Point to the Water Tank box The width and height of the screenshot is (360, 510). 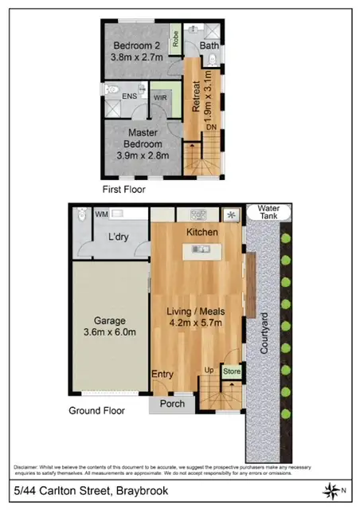[x=264, y=212]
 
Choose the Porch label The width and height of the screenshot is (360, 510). [x=172, y=403]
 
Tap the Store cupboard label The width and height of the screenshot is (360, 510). [x=231, y=371]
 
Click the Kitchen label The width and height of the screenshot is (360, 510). [x=203, y=231]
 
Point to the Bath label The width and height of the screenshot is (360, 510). [x=209, y=45]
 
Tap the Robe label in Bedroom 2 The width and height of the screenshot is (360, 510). [x=174, y=38]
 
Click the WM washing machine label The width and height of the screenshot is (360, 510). [x=101, y=214]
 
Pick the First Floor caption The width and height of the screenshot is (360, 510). [x=123, y=190]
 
